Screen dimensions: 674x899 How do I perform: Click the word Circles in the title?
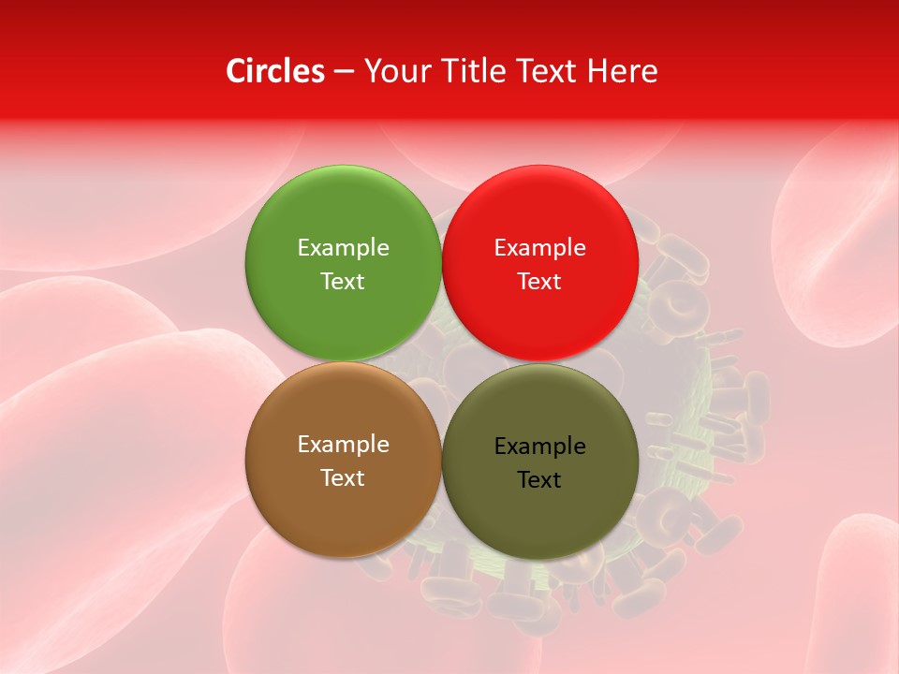coord(274,71)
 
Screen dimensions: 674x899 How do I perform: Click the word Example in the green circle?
coord(343,247)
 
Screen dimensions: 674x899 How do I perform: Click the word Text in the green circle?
coord(343,281)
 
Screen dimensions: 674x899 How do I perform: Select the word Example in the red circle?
coord(539,247)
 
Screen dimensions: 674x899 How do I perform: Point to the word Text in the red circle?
coord(539,281)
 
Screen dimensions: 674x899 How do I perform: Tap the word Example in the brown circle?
coord(343,444)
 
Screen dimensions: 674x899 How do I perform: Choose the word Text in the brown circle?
coord(343,477)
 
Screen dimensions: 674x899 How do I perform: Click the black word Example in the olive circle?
coord(539,446)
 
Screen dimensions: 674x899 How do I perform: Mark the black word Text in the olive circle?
coord(539,479)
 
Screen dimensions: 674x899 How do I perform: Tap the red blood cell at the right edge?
coord(843,243)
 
